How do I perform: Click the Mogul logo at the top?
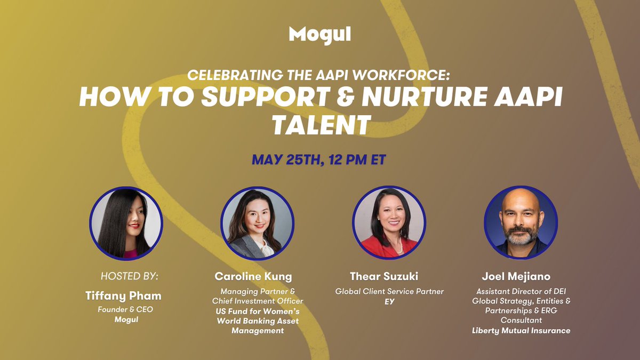[319, 35]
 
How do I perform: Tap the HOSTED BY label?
[130, 276]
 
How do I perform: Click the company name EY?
[389, 301]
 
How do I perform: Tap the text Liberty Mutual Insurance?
[521, 331]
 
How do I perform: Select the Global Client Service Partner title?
[389, 291]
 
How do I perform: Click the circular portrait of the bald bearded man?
[521, 222]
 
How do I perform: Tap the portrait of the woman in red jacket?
[389, 222]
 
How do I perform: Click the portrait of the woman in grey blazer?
[258, 222]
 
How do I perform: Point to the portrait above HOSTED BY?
[126, 222]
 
